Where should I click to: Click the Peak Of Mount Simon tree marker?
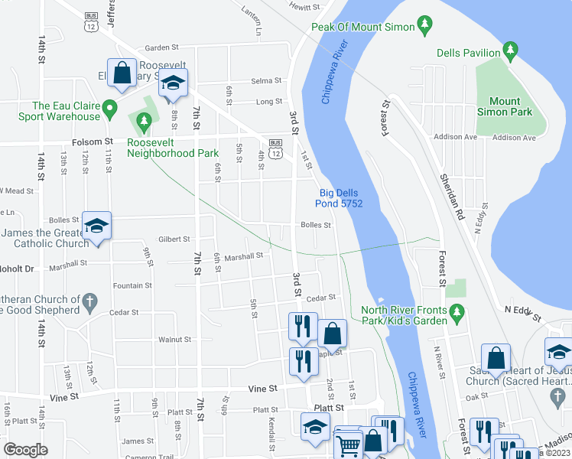click(x=425, y=27)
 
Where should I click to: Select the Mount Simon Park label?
click(x=505, y=106)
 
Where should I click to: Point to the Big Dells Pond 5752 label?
click(x=340, y=198)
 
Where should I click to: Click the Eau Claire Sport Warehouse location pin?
click(x=110, y=107)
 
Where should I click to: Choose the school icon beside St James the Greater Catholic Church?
click(x=97, y=226)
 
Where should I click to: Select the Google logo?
click(x=25, y=450)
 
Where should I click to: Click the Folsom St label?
click(x=92, y=142)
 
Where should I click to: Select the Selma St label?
click(x=268, y=81)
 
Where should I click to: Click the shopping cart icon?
click(x=348, y=444)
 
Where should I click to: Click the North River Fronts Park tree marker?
click(x=457, y=311)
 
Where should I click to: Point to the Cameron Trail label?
click(x=153, y=457)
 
